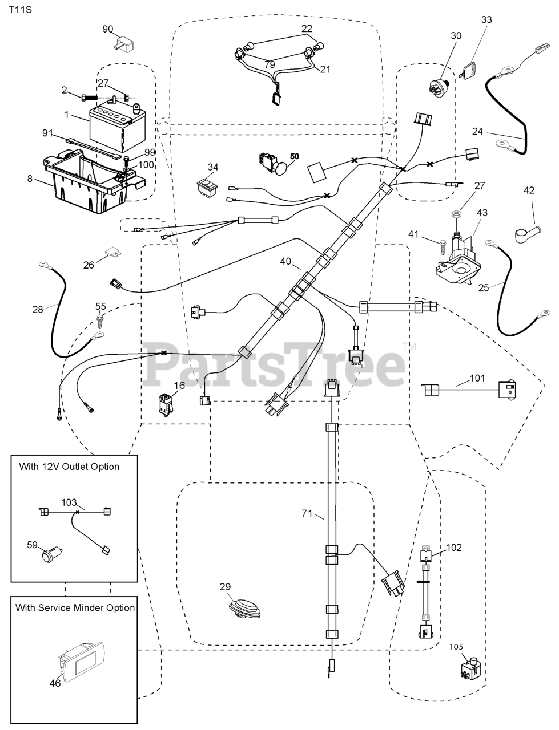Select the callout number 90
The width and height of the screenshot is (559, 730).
108,29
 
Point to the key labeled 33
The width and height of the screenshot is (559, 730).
469,71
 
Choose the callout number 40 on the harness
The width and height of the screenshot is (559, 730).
285,262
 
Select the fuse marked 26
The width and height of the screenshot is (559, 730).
112,252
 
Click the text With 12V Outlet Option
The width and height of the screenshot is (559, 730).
69,467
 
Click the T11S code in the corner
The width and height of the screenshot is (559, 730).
19,10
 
